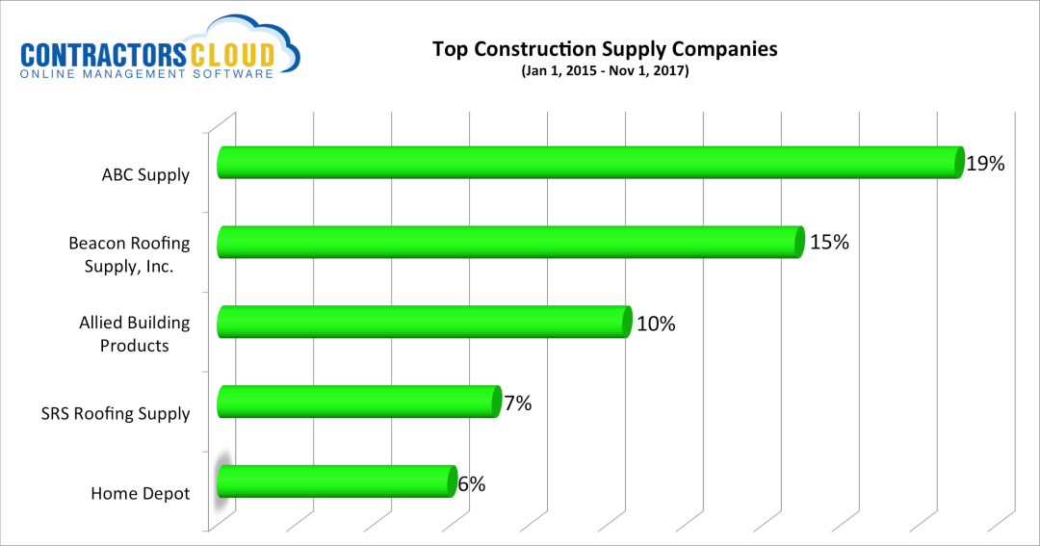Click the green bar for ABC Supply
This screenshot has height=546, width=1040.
[x=589, y=163]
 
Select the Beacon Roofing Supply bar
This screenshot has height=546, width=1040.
[x=510, y=243]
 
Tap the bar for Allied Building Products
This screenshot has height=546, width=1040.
[x=424, y=322]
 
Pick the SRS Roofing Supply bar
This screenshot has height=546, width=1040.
[x=358, y=402]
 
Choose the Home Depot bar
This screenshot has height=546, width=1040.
[x=335, y=481]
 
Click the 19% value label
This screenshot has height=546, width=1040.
[x=985, y=164]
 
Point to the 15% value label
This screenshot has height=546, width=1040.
[x=829, y=243]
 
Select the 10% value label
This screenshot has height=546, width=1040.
[x=656, y=324]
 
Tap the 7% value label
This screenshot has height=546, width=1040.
[x=517, y=403]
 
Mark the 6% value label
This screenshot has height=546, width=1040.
[x=472, y=484]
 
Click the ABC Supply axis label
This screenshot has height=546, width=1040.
[x=145, y=175]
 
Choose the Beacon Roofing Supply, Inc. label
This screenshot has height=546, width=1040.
[x=129, y=254]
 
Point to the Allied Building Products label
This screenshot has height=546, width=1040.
[x=135, y=334]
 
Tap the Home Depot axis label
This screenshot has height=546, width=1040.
[x=141, y=494]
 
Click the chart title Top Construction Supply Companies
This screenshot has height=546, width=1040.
[x=604, y=49]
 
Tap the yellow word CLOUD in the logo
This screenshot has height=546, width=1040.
[x=238, y=55]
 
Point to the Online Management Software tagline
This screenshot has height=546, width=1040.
[x=147, y=74]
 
